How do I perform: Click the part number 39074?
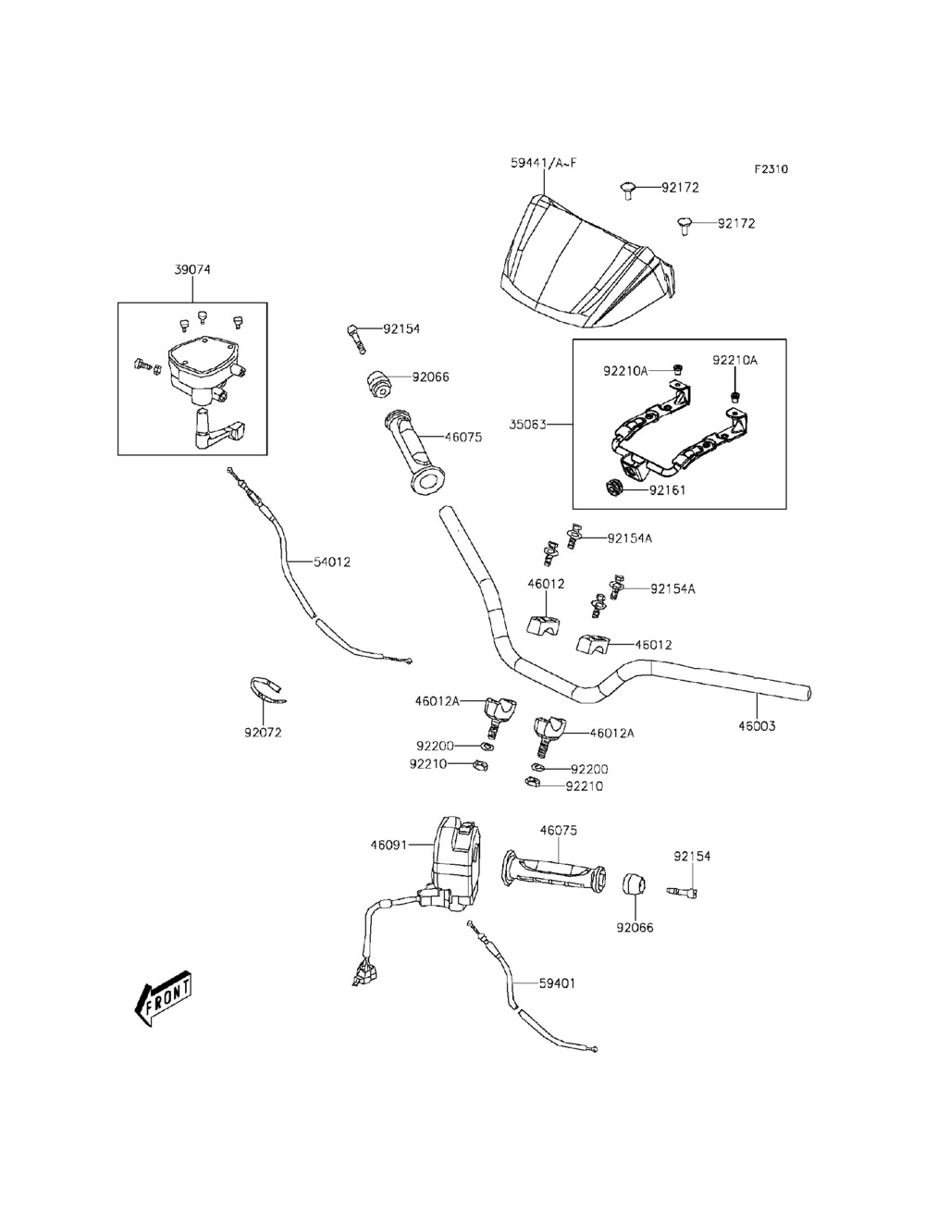tap(192, 270)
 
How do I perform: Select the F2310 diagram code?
tap(771, 169)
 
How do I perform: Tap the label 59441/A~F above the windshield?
tap(543, 163)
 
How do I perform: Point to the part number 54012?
tap(331, 562)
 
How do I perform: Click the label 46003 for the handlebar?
tap(757, 726)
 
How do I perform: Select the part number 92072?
tap(263, 733)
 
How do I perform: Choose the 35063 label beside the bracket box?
tap(528, 426)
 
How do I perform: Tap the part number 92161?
tap(668, 490)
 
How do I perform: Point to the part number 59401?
tap(557, 983)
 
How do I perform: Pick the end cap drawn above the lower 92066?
tap(632, 884)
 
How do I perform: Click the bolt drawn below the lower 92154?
tap(684, 891)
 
